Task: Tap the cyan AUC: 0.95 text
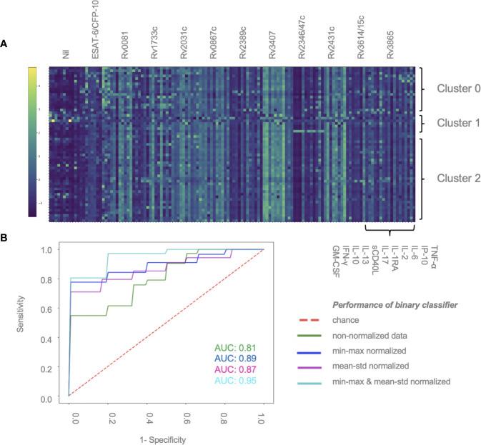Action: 234,381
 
